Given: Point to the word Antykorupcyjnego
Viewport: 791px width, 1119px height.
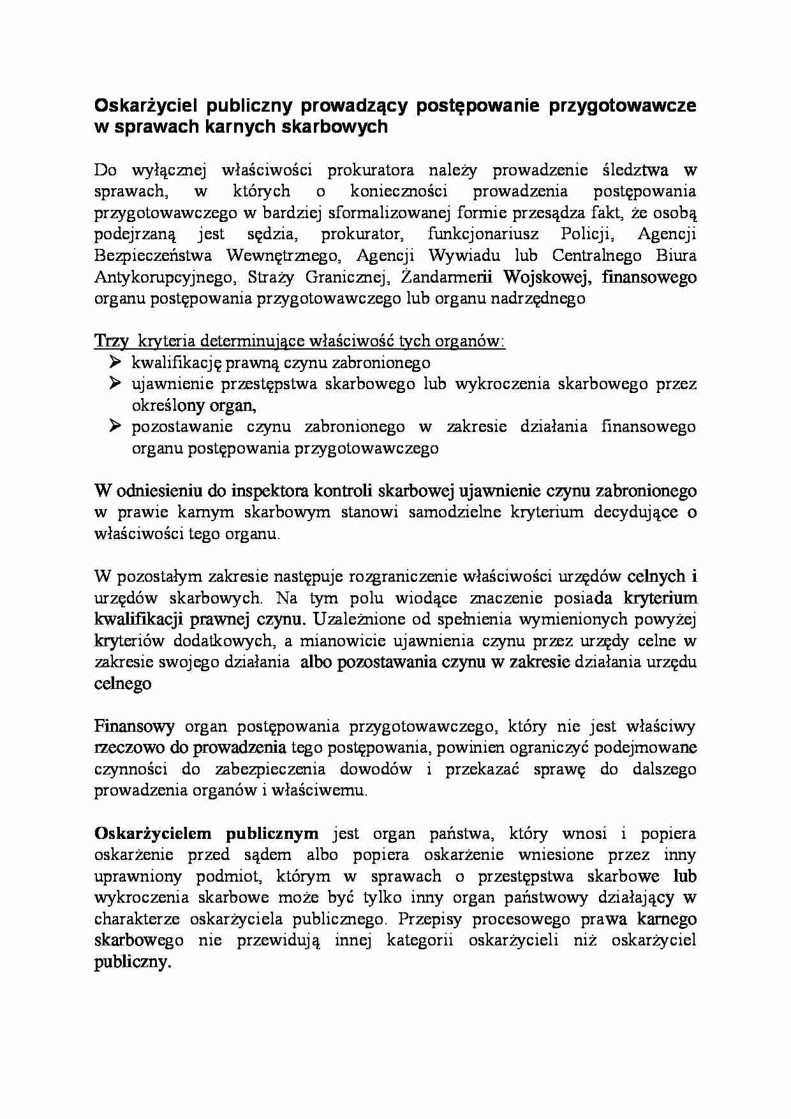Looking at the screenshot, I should (162, 277).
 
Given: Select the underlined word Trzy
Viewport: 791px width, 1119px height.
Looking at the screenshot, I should (111, 341).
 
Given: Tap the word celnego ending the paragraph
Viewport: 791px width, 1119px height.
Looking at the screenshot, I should (122, 683).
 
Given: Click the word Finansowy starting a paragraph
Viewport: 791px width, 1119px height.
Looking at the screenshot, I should (134, 726).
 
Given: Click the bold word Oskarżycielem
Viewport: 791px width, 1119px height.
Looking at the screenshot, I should (155, 833).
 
